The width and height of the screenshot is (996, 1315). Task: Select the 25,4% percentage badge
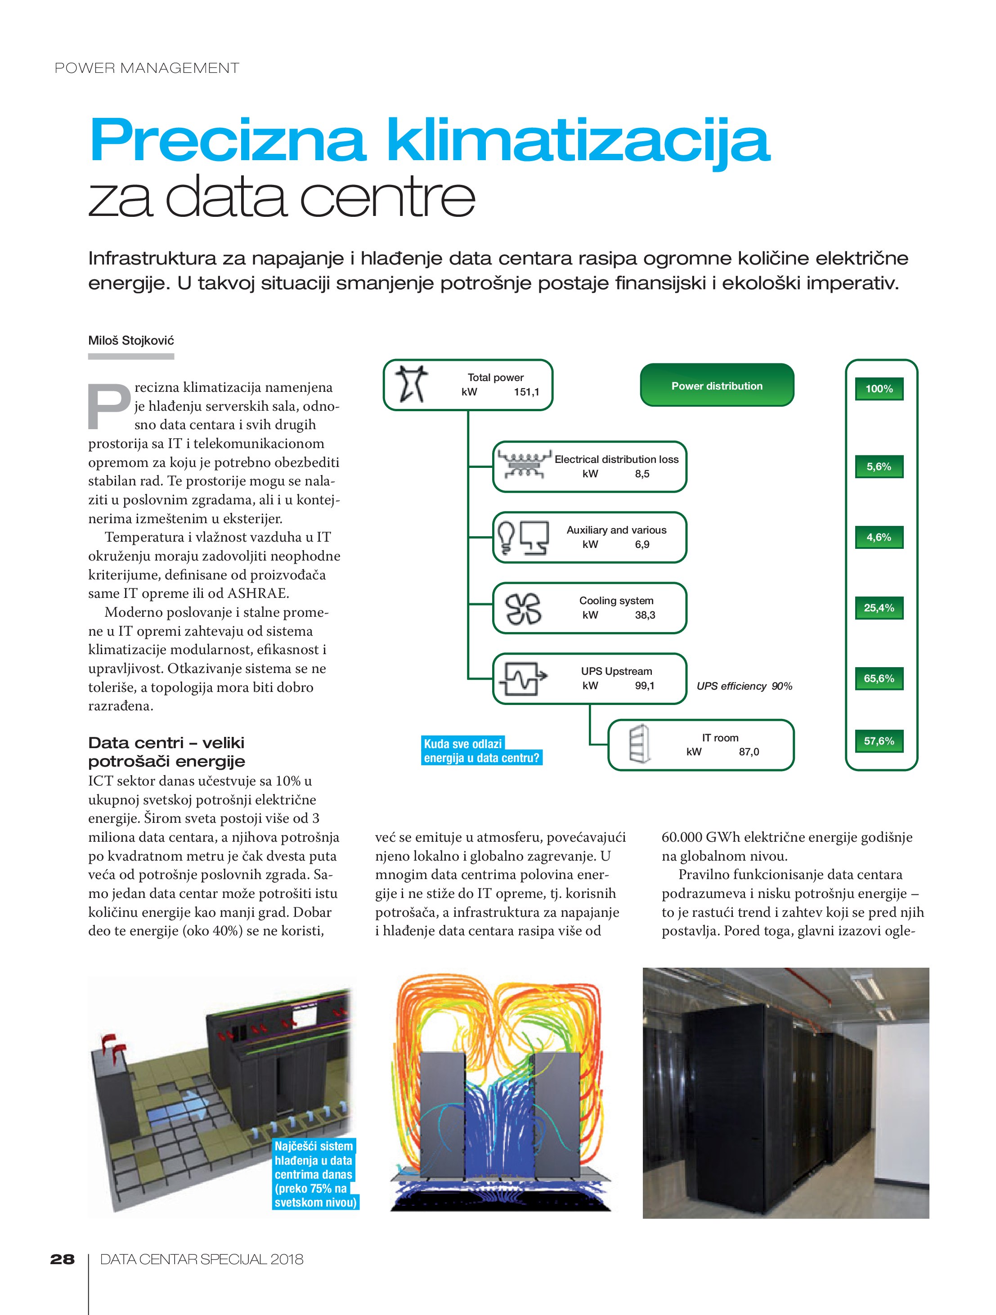coord(879,607)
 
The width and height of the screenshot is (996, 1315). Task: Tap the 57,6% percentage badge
coord(879,741)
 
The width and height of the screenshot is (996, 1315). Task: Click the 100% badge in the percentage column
coord(879,389)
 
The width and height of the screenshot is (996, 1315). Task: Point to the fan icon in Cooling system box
coord(523,609)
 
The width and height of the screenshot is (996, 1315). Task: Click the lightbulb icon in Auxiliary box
coord(506,536)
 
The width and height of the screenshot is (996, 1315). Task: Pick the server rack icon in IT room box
coord(639,744)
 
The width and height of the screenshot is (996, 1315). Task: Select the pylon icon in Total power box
coord(413,384)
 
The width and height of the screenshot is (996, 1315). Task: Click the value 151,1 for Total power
coord(526,392)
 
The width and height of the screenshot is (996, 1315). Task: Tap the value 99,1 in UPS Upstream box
coord(645,686)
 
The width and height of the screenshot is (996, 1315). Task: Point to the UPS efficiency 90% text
coord(744,686)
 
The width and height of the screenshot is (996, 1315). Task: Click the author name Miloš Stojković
coord(131,341)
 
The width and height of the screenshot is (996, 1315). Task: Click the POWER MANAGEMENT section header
coord(147,68)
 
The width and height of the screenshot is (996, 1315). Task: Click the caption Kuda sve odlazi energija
coord(481,751)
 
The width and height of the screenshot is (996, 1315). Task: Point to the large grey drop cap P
coord(109,407)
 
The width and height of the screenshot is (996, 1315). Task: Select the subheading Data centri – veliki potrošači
coord(166,751)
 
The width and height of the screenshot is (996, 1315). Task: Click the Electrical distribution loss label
coord(616,459)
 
